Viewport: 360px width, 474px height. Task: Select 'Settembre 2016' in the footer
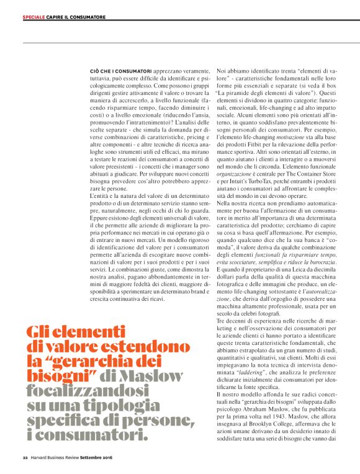click(x=96, y=458)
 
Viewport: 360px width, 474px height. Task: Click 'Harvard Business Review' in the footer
click(x=54, y=458)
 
